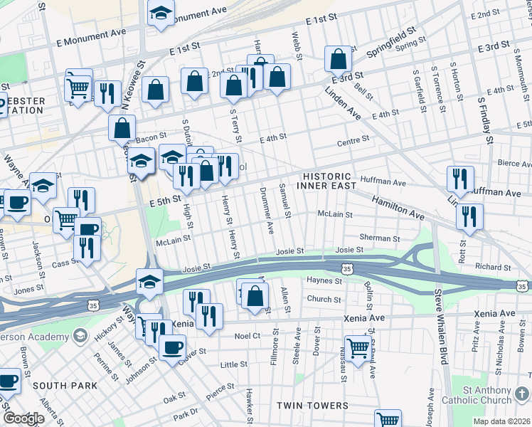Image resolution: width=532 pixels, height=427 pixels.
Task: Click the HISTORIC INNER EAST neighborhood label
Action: click(x=326, y=181)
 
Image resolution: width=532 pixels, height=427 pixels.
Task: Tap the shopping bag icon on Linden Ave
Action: click(x=339, y=59)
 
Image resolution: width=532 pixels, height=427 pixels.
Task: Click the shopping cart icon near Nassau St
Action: click(x=358, y=349)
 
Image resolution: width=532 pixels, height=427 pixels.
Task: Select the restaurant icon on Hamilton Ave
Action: click(x=469, y=216)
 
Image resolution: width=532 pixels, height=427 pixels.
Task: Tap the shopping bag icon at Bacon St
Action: click(x=122, y=128)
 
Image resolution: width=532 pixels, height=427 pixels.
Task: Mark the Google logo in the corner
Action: click(x=23, y=418)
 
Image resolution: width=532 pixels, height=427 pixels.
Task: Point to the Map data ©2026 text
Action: click(x=501, y=421)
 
